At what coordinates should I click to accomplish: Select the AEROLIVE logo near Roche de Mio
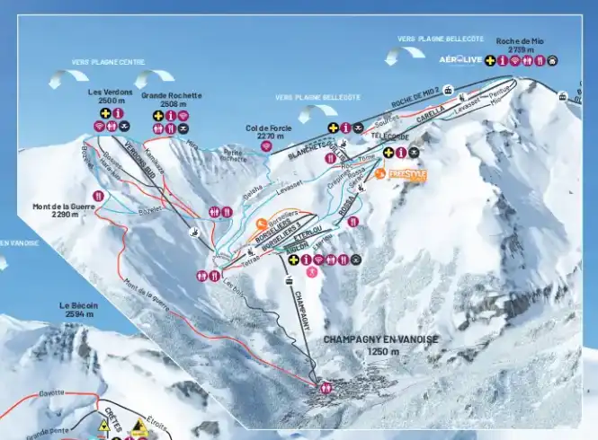460,60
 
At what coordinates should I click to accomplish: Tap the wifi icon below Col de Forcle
266,146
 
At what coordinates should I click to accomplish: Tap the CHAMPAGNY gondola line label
301,304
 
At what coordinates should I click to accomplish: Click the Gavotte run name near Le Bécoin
52,393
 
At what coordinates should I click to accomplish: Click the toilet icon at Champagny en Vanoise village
326,388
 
